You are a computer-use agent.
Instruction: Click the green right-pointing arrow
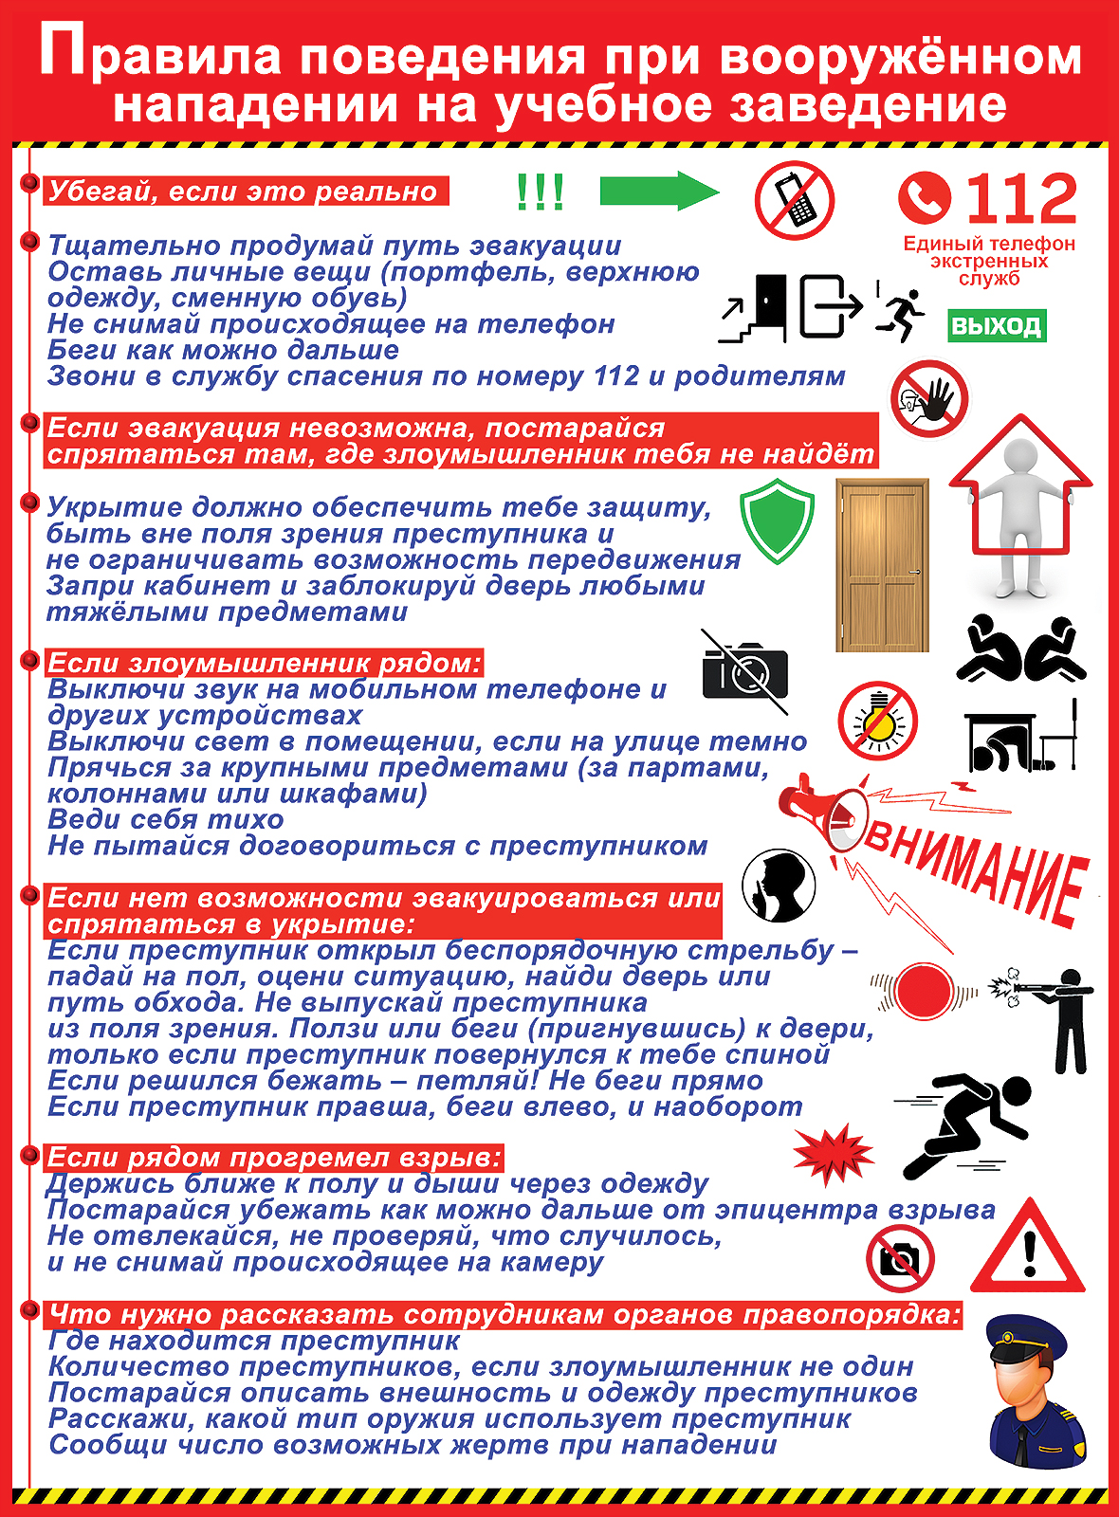point(658,192)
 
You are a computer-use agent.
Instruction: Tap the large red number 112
point(1020,199)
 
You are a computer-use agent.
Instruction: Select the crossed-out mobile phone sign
point(794,201)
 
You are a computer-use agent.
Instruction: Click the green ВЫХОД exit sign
point(996,326)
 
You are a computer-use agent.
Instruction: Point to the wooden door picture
point(882,565)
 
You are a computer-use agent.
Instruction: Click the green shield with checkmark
point(777,521)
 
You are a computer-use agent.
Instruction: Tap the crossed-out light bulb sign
point(878,721)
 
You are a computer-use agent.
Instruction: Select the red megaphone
point(821,811)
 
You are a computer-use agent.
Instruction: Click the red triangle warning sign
point(1028,1250)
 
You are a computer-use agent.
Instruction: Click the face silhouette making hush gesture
point(779,886)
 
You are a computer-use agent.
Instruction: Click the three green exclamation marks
point(540,192)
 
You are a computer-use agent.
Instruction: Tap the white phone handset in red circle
point(925,196)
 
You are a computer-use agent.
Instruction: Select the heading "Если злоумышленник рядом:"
point(265,663)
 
